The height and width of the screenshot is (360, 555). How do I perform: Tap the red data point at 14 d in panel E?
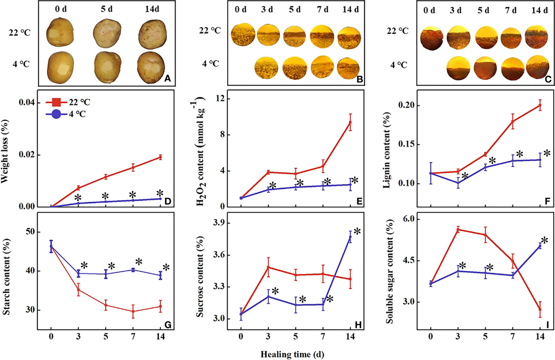coord(351,122)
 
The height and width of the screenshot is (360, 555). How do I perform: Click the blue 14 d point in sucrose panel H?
coord(351,237)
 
